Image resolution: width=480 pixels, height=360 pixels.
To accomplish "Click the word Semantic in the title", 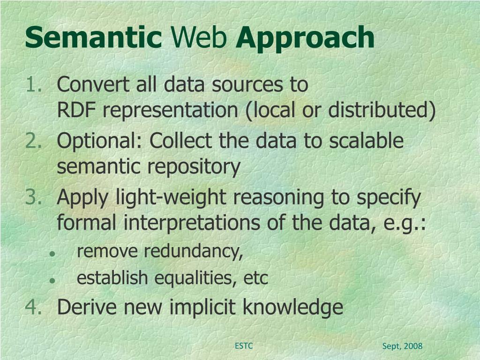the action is pyautogui.click(x=93, y=38).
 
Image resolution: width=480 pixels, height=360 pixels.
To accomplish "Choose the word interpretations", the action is pyautogui.click(x=191, y=222).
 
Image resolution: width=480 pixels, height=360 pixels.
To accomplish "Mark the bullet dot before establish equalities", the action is pyautogui.click(x=52, y=280).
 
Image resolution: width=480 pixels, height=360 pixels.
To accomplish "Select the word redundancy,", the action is pyautogui.click(x=194, y=252).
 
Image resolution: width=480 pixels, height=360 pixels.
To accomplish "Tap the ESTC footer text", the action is pyautogui.click(x=244, y=346).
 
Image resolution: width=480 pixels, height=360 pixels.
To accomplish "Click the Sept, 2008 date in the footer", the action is pyautogui.click(x=402, y=346).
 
